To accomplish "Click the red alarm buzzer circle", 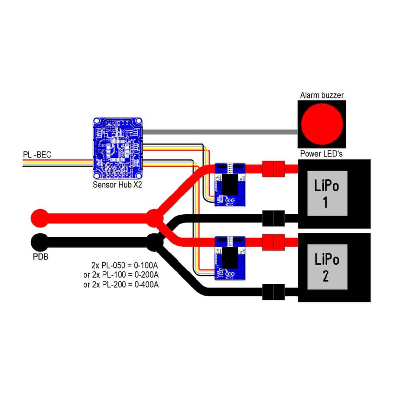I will point(322,123).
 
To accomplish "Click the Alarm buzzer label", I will point(322,95).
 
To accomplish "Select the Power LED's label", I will point(321,154).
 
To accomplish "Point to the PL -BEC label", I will point(37,154).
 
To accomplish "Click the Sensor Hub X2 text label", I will point(117,185).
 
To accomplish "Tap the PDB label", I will point(41,256).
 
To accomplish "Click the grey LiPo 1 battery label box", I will point(326,194).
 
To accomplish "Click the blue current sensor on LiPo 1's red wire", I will point(230,185).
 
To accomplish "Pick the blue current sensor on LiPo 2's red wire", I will point(230,258).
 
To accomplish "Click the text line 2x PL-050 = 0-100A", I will point(125,265).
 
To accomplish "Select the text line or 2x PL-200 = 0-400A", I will point(121,284).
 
